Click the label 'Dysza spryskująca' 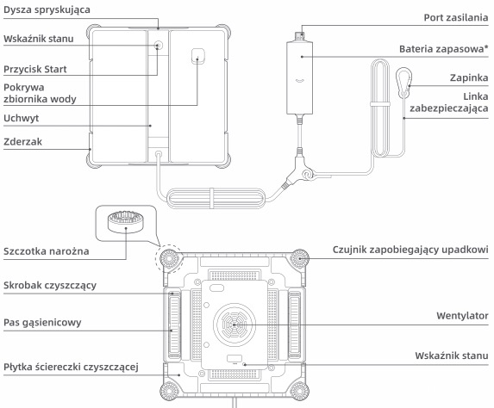pyautogui.click(x=47, y=9)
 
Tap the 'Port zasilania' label pyautogui.click(x=456, y=17)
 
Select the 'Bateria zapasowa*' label pyautogui.click(x=444, y=49)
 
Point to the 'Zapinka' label pyautogui.click(x=469, y=77)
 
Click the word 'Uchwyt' pyautogui.click(x=21, y=118)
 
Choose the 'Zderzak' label pyautogui.click(x=22, y=142)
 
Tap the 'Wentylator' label pyautogui.click(x=462, y=316)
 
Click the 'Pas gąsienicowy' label pyautogui.click(x=42, y=323)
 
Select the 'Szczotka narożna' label pyautogui.click(x=46, y=251)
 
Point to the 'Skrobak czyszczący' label pyautogui.click(x=50, y=285)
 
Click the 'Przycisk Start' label pyautogui.click(x=35, y=69)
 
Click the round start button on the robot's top pyautogui.click(x=159, y=46)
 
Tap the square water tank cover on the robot pyautogui.click(x=197, y=56)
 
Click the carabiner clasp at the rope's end pyautogui.click(x=403, y=81)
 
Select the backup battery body pyautogui.click(x=300, y=77)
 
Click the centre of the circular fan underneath pyautogui.click(x=234, y=325)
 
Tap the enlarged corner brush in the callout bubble pyautogui.click(x=126, y=221)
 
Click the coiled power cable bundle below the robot pyautogui.click(x=215, y=198)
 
